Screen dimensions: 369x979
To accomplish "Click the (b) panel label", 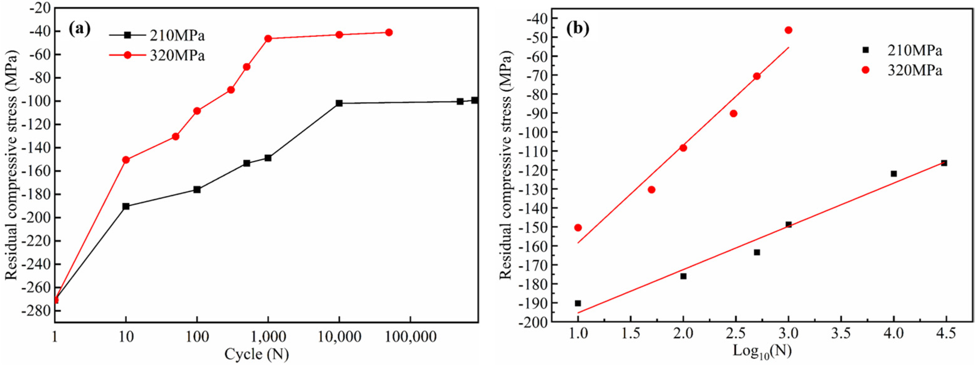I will pyautogui.click(x=578, y=29).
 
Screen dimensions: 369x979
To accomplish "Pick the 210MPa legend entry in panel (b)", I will pyautogui.click(x=914, y=50).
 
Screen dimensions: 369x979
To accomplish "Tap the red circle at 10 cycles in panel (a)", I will pyautogui.click(x=126, y=160).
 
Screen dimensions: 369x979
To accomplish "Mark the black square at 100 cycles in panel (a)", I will pyautogui.click(x=197, y=189).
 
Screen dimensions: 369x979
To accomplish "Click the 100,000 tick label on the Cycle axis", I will pyautogui.click(x=411, y=337).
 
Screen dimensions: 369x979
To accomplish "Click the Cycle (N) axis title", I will pyautogui.click(x=257, y=355).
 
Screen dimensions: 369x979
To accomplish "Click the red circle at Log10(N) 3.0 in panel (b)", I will pyautogui.click(x=788, y=30).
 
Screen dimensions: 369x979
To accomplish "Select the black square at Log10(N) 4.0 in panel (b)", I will pyautogui.click(x=893, y=174).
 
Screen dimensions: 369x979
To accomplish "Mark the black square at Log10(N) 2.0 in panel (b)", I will pyautogui.click(x=683, y=276).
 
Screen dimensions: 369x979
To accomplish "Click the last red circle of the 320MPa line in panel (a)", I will pyautogui.click(x=389, y=33).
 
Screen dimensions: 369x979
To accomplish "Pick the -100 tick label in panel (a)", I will pyautogui.click(x=36, y=101).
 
